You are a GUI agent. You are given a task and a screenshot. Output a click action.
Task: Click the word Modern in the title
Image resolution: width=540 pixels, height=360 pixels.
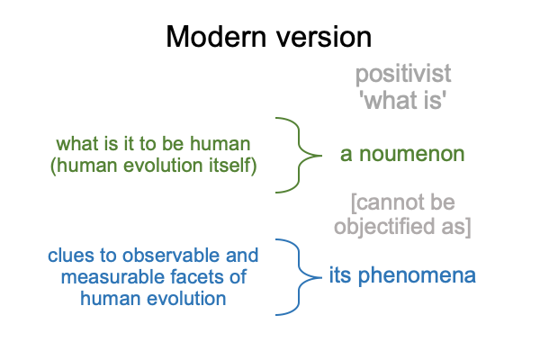tap(216, 37)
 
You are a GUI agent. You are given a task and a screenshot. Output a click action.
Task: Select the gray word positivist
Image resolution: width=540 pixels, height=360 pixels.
tap(403, 75)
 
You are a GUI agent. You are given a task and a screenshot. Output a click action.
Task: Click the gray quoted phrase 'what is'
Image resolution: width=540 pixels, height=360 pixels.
tap(403, 100)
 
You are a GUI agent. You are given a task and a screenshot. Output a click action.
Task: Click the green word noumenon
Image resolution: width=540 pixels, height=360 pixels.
tap(412, 154)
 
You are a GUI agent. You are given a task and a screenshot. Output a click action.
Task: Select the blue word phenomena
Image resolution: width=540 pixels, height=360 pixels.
tap(417, 275)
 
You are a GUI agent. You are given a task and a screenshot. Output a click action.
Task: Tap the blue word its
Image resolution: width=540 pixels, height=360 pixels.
tap(339, 275)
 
